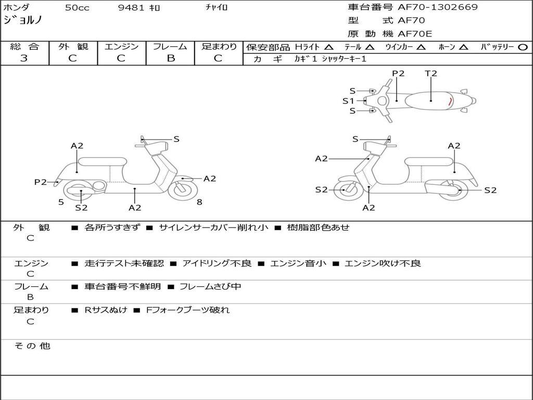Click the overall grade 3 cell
point(24,58)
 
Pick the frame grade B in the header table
point(170,58)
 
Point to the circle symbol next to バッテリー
point(523,47)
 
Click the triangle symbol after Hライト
point(328,47)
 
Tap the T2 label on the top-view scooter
point(431,73)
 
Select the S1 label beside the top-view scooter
point(348,101)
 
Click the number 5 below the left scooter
point(61,202)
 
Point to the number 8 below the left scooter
point(199,202)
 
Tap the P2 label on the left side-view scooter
point(41,182)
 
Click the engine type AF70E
point(415,34)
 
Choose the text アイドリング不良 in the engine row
point(217,264)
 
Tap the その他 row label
point(32,346)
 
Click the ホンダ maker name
point(17,7)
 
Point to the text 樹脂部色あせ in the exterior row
point(318,228)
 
